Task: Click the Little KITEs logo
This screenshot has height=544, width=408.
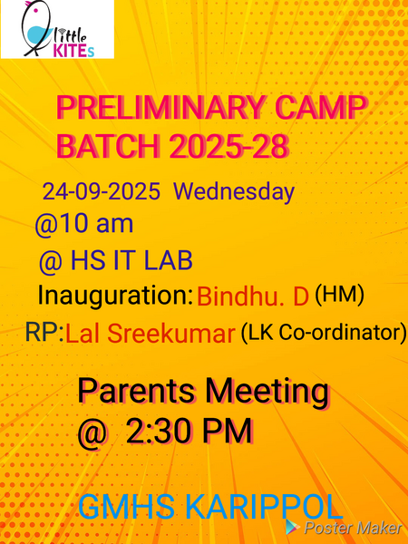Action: point(57,29)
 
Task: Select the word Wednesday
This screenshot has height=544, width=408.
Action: point(234,192)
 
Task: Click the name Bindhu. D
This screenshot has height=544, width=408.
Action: point(253,296)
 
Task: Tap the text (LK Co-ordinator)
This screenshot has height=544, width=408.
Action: point(323,333)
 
